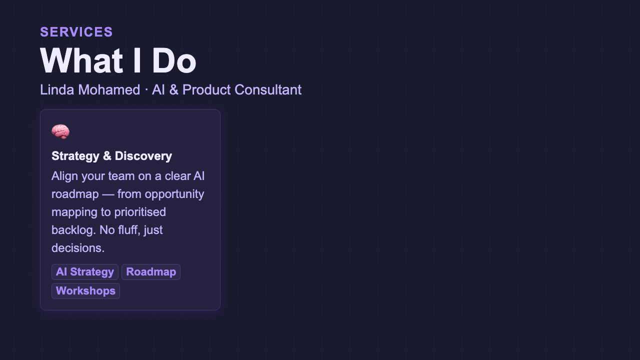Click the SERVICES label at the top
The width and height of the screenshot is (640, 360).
76,32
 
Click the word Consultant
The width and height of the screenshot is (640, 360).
268,90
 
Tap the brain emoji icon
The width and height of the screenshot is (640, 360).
60,132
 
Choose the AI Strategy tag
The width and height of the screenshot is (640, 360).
85,272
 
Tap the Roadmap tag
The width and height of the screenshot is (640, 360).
151,272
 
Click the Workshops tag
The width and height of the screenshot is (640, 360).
85,291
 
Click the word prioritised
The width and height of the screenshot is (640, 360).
140,212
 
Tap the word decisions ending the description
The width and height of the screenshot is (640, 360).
77,248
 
